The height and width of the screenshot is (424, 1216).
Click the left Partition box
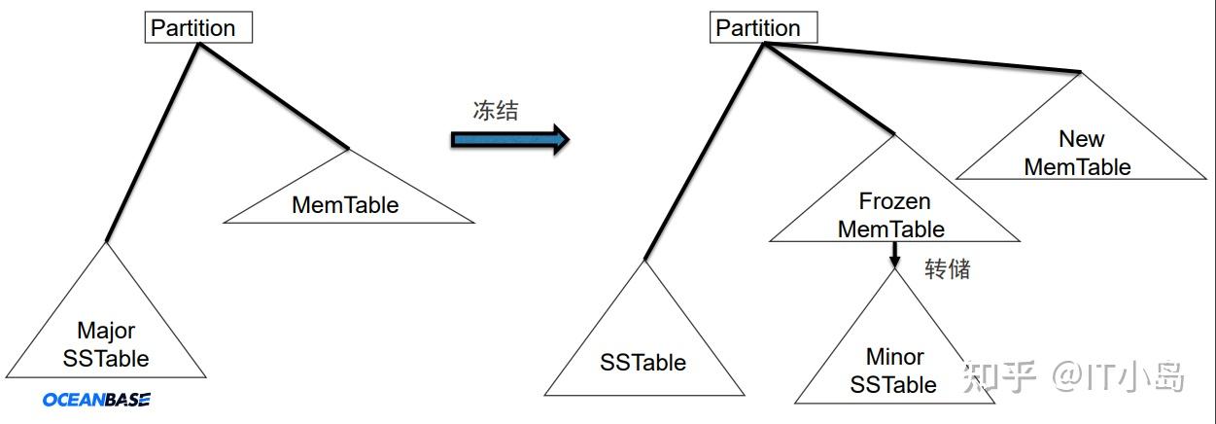tap(198, 27)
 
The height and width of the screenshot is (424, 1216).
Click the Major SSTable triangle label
tap(106, 345)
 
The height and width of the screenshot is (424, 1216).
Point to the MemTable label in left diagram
tap(345, 205)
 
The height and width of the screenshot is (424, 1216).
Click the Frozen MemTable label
tap(893, 215)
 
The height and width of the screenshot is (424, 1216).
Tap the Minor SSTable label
tap(893, 371)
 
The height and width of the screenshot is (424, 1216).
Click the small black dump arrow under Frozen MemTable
tap(894, 255)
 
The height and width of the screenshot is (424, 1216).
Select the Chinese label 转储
tap(947, 269)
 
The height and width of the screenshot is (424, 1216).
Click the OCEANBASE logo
tap(96, 400)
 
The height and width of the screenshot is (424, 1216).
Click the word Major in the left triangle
tap(106, 332)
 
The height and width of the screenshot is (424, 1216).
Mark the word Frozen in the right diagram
tap(894, 201)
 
